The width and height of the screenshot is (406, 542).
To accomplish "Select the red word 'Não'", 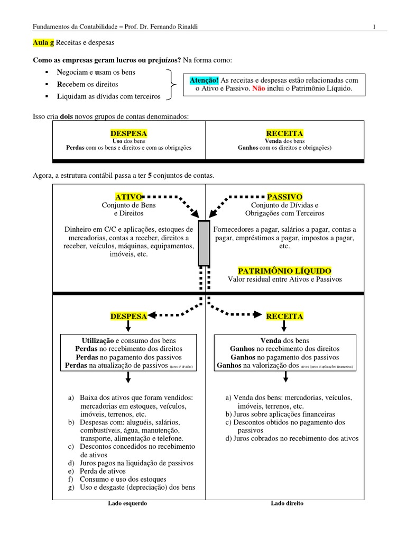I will pos(259,89).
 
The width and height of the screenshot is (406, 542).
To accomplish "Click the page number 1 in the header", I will pos(374,26).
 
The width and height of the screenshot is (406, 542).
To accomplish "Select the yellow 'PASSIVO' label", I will pos(284,197).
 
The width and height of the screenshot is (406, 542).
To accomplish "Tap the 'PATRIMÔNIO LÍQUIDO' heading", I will pos(284,271).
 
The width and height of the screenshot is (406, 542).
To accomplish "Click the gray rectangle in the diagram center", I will pos(204,243).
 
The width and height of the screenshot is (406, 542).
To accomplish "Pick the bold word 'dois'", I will pos(67,116).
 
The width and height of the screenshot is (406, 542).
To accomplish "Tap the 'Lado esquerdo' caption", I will pos(127,503).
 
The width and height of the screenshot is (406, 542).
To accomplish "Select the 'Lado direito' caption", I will pos(287,503).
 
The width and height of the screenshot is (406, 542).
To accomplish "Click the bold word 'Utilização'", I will pos(98,340).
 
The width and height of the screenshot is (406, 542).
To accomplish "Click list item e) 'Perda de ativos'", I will pos(103,471).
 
